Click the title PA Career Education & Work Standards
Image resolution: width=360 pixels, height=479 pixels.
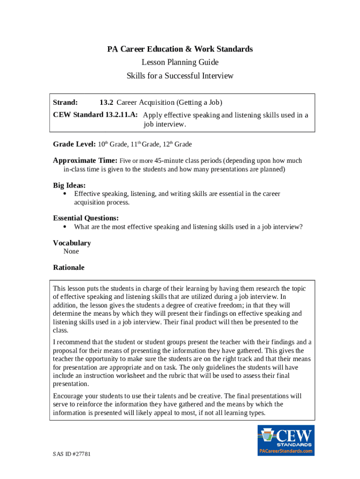point(180,49)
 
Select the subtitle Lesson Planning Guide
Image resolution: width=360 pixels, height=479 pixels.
point(180,62)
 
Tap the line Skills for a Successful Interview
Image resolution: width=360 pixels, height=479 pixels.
point(180,76)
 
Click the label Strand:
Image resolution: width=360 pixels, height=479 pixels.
point(65,102)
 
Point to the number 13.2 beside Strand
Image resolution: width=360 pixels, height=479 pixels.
point(107,102)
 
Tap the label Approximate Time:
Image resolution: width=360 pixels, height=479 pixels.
point(85,160)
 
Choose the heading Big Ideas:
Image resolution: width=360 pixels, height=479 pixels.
point(69,185)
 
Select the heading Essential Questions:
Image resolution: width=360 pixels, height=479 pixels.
point(86,218)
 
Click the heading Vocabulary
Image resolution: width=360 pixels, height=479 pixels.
point(72,243)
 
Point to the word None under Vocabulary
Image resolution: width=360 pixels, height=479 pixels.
point(71,252)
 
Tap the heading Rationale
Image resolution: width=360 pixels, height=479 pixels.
point(69,268)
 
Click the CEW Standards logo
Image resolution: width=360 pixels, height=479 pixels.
point(286,440)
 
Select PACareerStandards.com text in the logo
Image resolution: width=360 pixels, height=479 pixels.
point(286,451)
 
